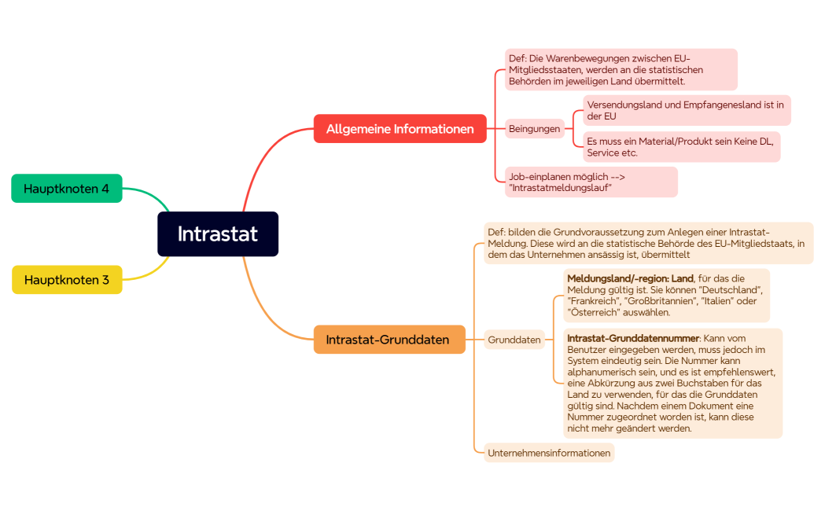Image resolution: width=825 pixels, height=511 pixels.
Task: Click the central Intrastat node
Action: (x=218, y=234)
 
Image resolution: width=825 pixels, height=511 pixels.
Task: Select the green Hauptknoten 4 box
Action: (x=67, y=189)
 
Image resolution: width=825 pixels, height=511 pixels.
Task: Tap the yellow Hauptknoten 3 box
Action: (x=67, y=280)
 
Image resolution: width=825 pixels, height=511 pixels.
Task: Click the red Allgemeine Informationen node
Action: (x=400, y=129)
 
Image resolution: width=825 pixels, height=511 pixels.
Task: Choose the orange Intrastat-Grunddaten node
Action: (x=389, y=340)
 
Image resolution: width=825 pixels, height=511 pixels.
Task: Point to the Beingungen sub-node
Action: (x=535, y=129)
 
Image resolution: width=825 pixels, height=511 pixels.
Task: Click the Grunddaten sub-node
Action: (x=514, y=340)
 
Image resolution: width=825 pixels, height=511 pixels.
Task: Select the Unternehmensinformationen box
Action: (x=549, y=453)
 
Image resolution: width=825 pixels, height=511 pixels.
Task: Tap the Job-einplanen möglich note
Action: (x=590, y=182)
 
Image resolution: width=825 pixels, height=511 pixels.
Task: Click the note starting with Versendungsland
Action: (x=686, y=110)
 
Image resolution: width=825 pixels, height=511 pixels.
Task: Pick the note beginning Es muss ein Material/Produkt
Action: (x=681, y=147)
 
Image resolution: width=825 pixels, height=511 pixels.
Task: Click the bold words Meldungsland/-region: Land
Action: (x=630, y=278)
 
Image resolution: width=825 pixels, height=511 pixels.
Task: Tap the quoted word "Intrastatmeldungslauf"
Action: (x=560, y=188)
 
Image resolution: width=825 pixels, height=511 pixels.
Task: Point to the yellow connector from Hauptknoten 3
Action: (x=149, y=275)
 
